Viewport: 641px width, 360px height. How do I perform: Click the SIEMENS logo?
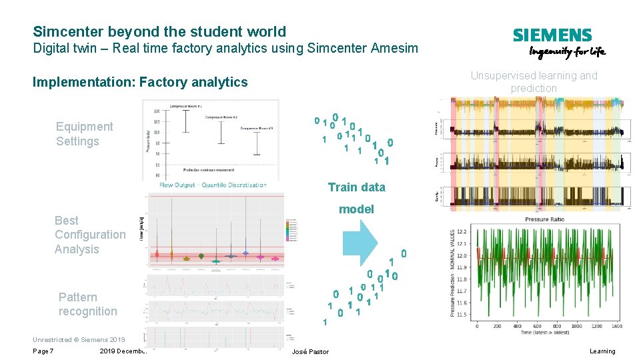tap(552, 35)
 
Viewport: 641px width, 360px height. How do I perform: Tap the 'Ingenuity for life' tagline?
tap(567, 53)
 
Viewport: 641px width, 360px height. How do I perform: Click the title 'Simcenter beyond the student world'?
tap(159, 31)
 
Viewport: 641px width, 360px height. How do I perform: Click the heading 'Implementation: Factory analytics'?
tap(140, 82)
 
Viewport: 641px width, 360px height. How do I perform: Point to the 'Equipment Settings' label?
tap(84, 134)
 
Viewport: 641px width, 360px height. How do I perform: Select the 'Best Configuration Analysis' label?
tap(89, 235)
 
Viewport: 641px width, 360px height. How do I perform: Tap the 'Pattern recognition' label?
tap(87, 304)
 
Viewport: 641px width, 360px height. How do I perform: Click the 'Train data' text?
tap(356, 187)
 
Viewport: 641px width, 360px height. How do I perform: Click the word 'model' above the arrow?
tap(356, 209)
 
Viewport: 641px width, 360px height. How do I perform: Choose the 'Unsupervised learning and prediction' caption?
tap(534, 82)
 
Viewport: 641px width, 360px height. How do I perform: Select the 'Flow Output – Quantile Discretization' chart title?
tap(213, 185)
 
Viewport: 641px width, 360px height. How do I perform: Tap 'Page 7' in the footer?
tap(43, 351)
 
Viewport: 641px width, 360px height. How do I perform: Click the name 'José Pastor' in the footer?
tap(310, 351)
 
